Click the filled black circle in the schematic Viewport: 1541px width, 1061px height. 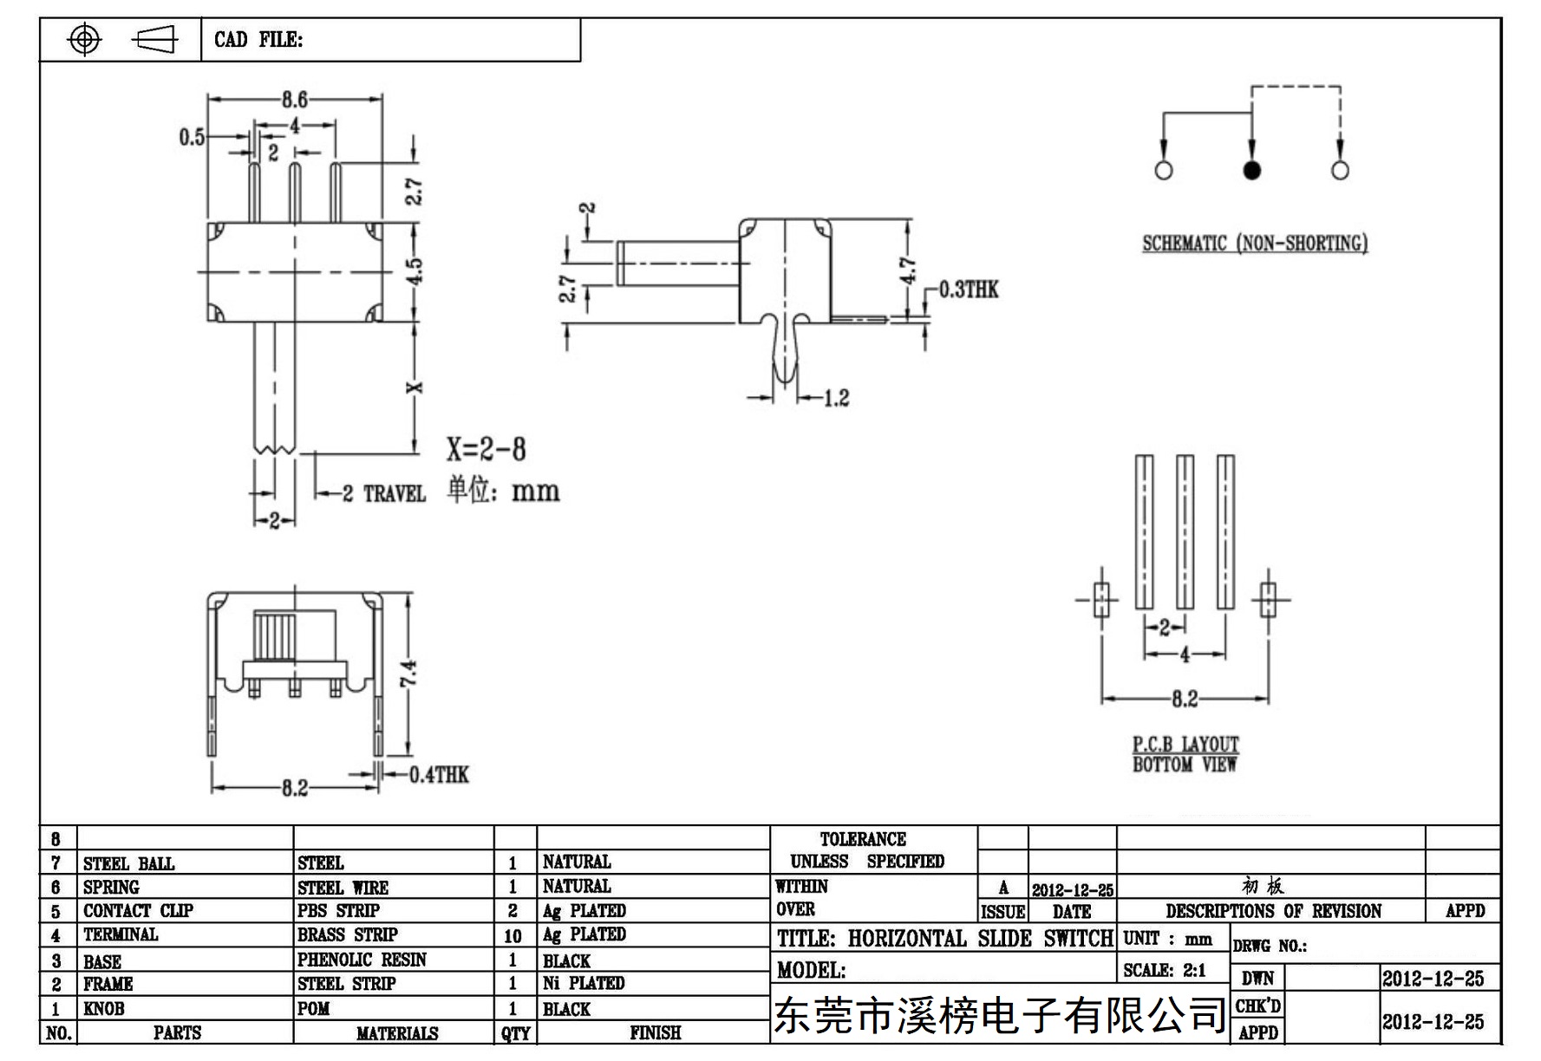click(x=1251, y=170)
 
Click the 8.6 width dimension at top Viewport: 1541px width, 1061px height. click(x=295, y=100)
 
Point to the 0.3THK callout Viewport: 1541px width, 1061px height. click(x=969, y=290)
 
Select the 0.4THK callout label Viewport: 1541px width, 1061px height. click(x=439, y=775)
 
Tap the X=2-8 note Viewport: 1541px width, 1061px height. click(x=486, y=449)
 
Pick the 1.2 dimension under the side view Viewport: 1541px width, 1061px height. click(x=836, y=399)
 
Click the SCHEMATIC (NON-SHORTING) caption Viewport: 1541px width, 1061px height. click(x=1255, y=244)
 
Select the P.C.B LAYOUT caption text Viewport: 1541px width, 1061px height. click(x=1185, y=745)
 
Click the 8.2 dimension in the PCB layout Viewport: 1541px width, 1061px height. click(x=1185, y=699)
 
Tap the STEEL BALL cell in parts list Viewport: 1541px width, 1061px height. click(x=128, y=863)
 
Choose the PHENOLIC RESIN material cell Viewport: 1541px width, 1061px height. click(x=362, y=960)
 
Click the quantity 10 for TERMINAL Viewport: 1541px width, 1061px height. click(x=513, y=936)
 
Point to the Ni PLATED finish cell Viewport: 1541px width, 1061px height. click(x=584, y=984)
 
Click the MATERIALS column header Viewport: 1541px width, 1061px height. click(x=397, y=1033)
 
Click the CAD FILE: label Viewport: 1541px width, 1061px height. click(x=258, y=40)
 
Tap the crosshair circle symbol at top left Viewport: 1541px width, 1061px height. click(x=84, y=39)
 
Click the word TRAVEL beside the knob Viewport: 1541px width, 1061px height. click(x=395, y=494)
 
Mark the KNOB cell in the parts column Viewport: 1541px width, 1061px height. click(x=103, y=1009)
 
